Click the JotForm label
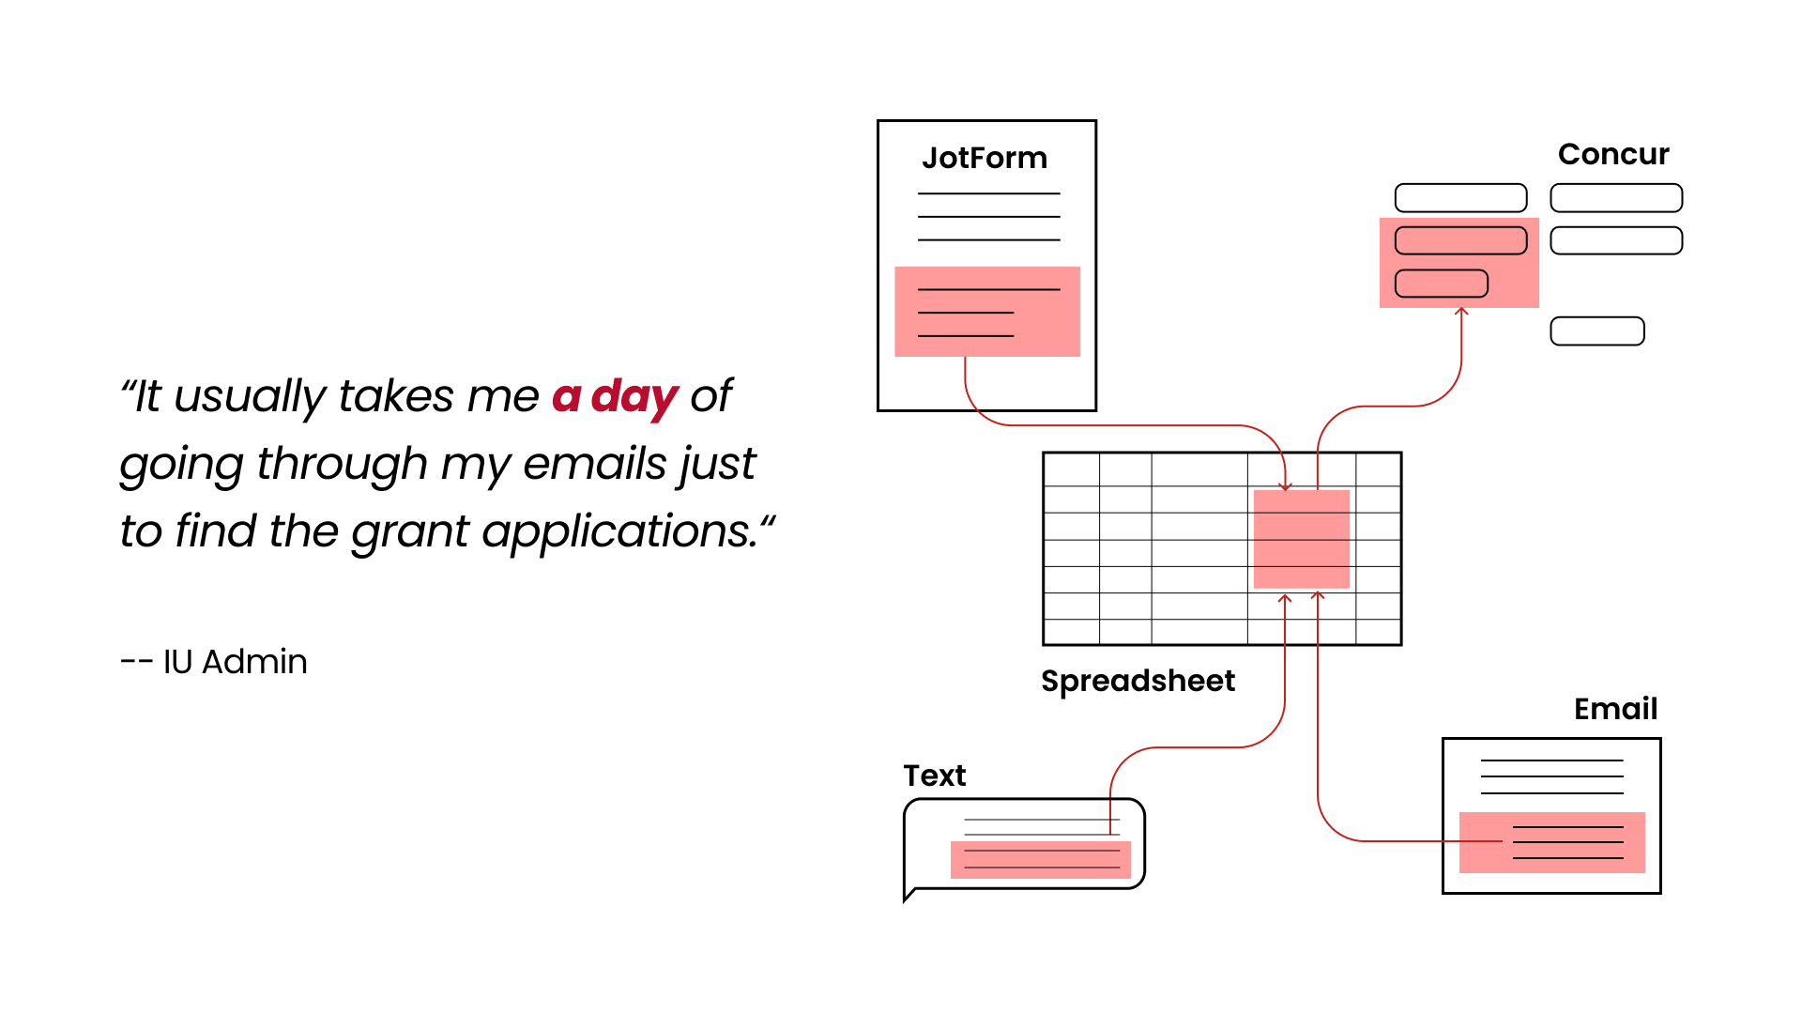point(985,158)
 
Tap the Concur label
point(1613,154)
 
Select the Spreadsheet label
point(1138,681)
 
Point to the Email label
point(1615,709)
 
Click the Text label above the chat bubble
point(934,776)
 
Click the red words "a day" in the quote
point(615,396)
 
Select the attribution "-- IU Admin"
point(214,662)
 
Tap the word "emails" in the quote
point(596,464)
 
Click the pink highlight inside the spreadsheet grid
point(1302,539)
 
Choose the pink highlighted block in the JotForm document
point(987,312)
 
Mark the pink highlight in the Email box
point(1552,842)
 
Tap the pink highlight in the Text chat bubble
point(1040,859)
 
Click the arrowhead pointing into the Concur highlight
point(1461,311)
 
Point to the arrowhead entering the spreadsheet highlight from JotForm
point(1286,486)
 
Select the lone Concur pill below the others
point(1597,331)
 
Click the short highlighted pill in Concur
point(1442,284)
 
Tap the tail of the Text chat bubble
point(909,895)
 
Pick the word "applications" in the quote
point(620,531)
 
